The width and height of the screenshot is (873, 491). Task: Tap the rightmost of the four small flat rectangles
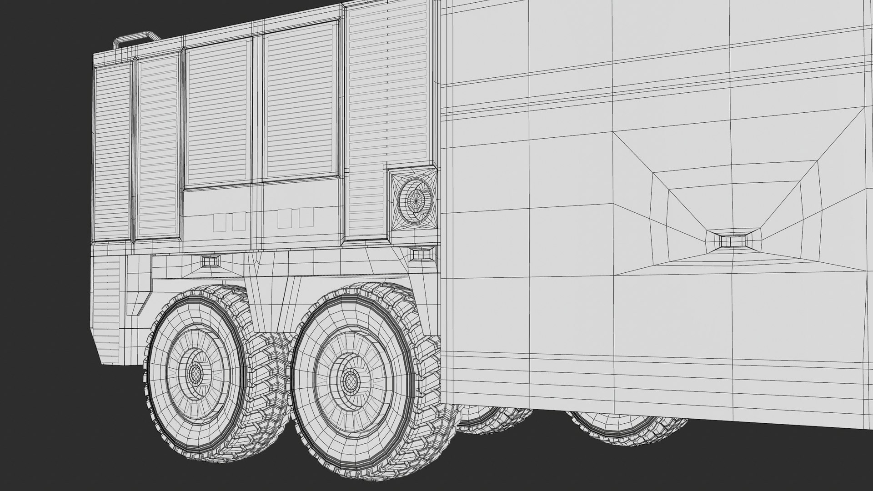(306, 219)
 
